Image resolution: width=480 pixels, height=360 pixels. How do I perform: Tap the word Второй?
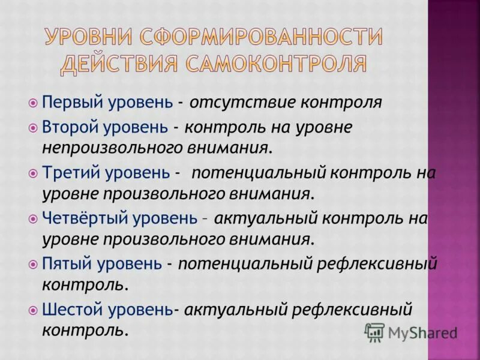[x=65, y=127]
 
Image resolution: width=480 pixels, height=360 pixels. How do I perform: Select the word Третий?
[x=65, y=173]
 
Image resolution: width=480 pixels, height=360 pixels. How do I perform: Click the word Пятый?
[x=62, y=263]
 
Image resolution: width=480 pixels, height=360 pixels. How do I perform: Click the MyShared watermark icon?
[x=374, y=332]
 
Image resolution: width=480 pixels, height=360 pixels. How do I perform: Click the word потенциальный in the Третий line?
[x=259, y=173]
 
